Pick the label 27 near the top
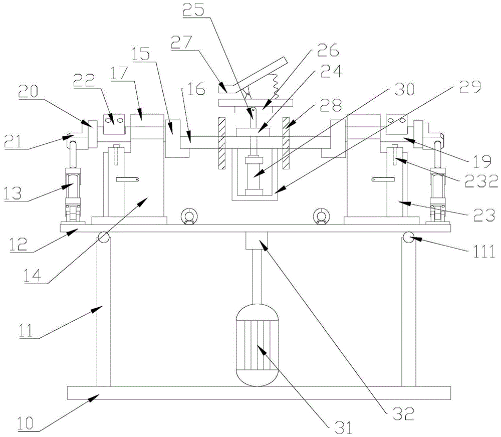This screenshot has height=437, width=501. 181,43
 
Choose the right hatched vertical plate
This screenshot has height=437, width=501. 286,143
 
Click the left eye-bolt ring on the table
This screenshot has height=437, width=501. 189,216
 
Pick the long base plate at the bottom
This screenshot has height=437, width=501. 259,392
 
